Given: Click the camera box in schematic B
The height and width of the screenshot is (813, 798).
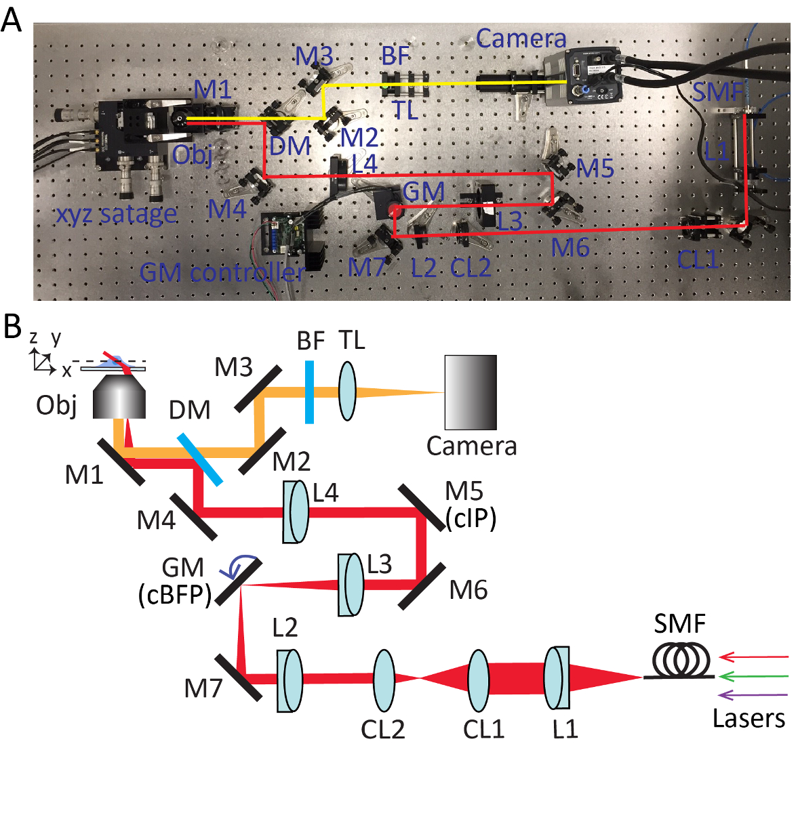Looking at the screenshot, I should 471,392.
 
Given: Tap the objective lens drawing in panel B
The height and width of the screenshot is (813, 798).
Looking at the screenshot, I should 120,396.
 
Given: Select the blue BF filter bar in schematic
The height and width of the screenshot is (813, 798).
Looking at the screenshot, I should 309,392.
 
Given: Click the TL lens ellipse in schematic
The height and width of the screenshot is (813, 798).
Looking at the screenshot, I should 347,392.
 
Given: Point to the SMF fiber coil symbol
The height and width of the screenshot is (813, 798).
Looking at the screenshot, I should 681,658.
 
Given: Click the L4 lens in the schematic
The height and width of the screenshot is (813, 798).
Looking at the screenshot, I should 296,512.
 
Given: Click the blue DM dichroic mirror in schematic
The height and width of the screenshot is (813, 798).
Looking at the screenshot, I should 200,459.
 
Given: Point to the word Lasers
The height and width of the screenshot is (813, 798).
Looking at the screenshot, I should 749,718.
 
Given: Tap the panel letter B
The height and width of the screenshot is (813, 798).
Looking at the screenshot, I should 12,327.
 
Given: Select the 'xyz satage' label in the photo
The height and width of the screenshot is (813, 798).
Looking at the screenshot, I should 116,215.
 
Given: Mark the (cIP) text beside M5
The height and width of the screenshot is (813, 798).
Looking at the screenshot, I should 471,518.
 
